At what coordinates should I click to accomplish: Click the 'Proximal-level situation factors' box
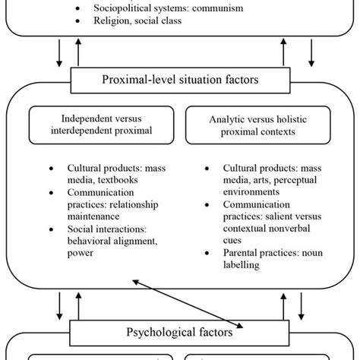click(179, 79)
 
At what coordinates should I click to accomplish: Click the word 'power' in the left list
click(82, 254)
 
